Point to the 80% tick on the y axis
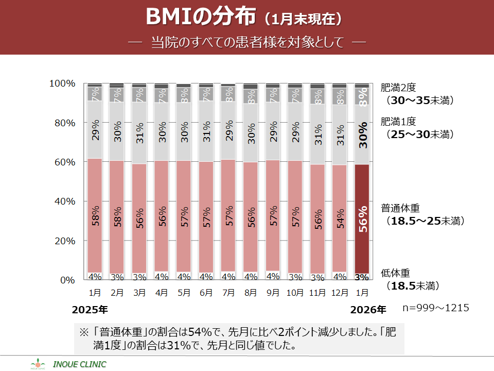[x=62, y=123]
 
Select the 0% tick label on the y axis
[x=68, y=280]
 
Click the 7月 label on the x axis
[x=228, y=293]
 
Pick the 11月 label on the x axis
[x=317, y=293]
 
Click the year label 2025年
[x=90, y=310]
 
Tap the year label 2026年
[x=367, y=310]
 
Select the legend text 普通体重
[x=400, y=209]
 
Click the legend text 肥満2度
[x=400, y=88]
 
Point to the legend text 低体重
[x=395, y=273]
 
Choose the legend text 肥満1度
[x=400, y=122]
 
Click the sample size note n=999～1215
[x=436, y=308]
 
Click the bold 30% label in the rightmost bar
[x=362, y=135]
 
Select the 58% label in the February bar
[x=118, y=218]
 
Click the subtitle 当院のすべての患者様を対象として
[x=247, y=42]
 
